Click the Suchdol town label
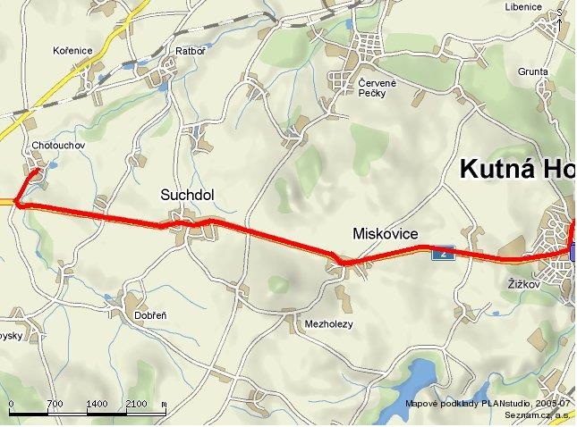click(188, 195)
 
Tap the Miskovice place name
click(386, 234)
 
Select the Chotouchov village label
click(56, 145)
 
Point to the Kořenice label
click(72, 51)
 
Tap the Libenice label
click(523, 7)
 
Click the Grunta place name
click(532, 71)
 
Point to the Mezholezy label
click(330, 323)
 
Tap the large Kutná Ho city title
click(516, 169)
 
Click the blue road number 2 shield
click(442, 254)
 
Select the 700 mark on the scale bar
click(54, 405)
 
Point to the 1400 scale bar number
click(97, 405)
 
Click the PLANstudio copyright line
click(487, 404)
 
